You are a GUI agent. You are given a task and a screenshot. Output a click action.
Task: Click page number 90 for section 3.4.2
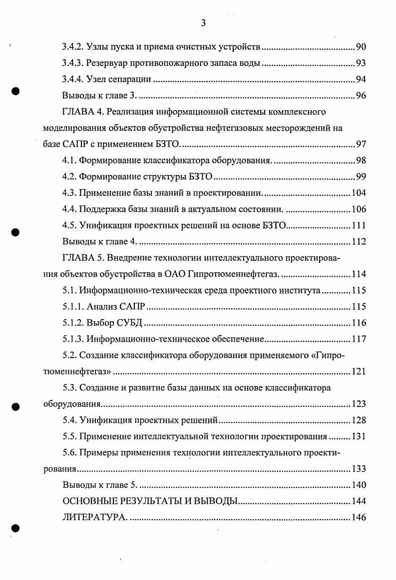click(x=361, y=47)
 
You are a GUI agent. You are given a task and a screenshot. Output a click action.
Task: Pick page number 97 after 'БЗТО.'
click(x=361, y=145)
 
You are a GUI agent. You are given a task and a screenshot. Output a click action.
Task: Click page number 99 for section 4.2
click(x=361, y=177)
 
